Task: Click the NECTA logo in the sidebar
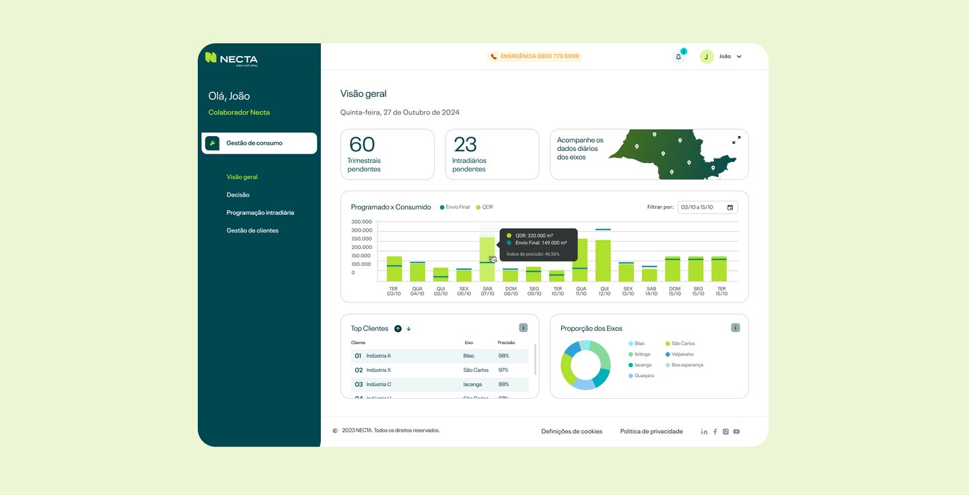point(231,59)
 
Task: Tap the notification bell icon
point(678,57)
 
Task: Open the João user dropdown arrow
point(739,57)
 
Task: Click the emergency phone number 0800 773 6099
point(540,57)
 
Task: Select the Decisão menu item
point(238,195)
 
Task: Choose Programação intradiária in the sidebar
point(260,213)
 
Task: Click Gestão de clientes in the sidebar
point(252,230)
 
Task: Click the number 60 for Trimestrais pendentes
point(362,144)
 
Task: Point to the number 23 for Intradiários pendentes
point(465,144)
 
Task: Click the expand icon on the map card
point(736,140)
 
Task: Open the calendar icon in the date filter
point(730,207)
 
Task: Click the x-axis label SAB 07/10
point(487,291)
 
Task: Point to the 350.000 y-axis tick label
point(361,222)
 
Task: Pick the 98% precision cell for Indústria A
point(503,356)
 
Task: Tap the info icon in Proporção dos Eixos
point(735,328)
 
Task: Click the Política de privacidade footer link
point(651,432)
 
